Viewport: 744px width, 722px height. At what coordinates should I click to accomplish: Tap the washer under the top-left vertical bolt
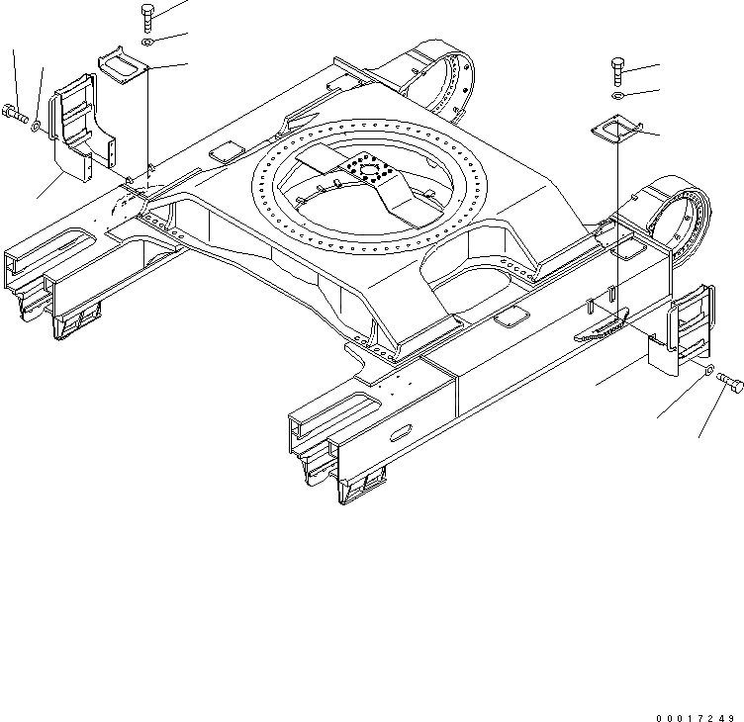(147, 44)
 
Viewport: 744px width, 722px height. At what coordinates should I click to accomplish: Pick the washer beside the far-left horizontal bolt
(37, 126)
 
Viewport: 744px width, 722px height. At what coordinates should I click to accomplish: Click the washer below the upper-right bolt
(617, 97)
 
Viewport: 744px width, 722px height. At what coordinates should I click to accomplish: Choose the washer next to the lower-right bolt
(708, 369)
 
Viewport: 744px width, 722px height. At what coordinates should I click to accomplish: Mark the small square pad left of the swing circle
(228, 151)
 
